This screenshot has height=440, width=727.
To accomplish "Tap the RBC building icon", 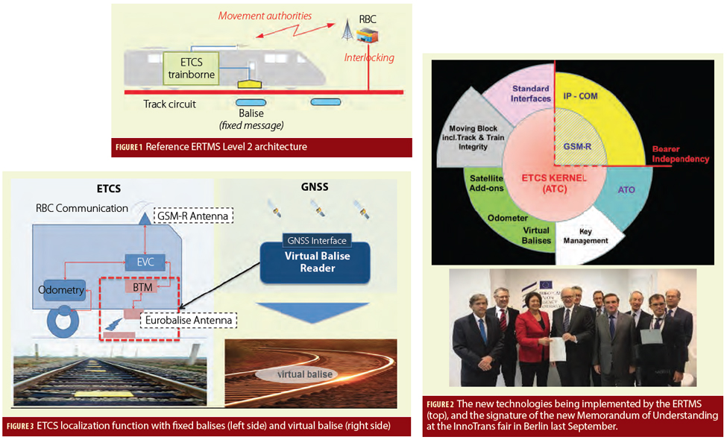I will pyautogui.click(x=367, y=35).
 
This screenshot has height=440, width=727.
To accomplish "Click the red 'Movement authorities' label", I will pyautogui.click(x=265, y=16).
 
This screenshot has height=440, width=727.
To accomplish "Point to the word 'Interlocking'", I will pyautogui.click(x=369, y=57).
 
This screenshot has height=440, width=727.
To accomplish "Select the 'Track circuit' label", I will pyautogui.click(x=169, y=104).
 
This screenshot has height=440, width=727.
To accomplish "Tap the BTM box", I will pyautogui.click(x=142, y=286).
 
